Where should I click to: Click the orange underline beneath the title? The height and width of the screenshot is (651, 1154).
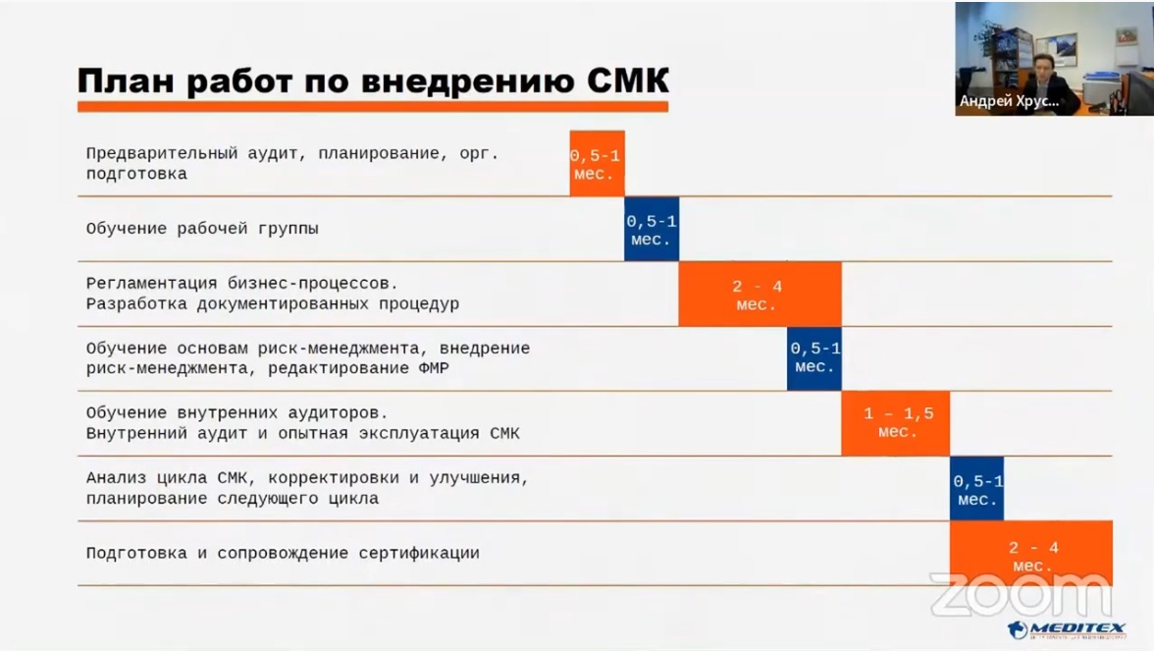(x=373, y=104)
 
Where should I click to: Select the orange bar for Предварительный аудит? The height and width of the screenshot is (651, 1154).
(x=597, y=164)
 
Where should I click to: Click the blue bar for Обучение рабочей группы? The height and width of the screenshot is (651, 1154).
(x=652, y=229)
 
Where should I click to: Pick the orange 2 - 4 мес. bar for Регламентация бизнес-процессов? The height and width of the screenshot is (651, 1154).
(x=760, y=295)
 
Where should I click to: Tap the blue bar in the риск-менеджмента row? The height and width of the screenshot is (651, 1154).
(x=814, y=358)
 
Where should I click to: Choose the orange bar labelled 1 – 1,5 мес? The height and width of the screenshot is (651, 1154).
(x=895, y=423)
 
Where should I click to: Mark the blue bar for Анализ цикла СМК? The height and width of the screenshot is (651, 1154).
(x=976, y=489)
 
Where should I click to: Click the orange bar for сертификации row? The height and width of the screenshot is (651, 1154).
(x=1030, y=553)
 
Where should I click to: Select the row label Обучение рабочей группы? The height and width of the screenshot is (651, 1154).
(x=202, y=229)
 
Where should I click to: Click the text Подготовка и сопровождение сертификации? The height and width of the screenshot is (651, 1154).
(x=283, y=553)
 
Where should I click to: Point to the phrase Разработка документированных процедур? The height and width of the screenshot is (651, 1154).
(x=273, y=304)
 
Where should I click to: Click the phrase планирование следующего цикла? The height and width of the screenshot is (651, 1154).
(x=232, y=499)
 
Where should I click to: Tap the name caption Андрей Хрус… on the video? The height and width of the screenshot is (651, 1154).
(x=1010, y=101)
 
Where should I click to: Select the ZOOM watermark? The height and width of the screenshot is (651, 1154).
(x=1021, y=595)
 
